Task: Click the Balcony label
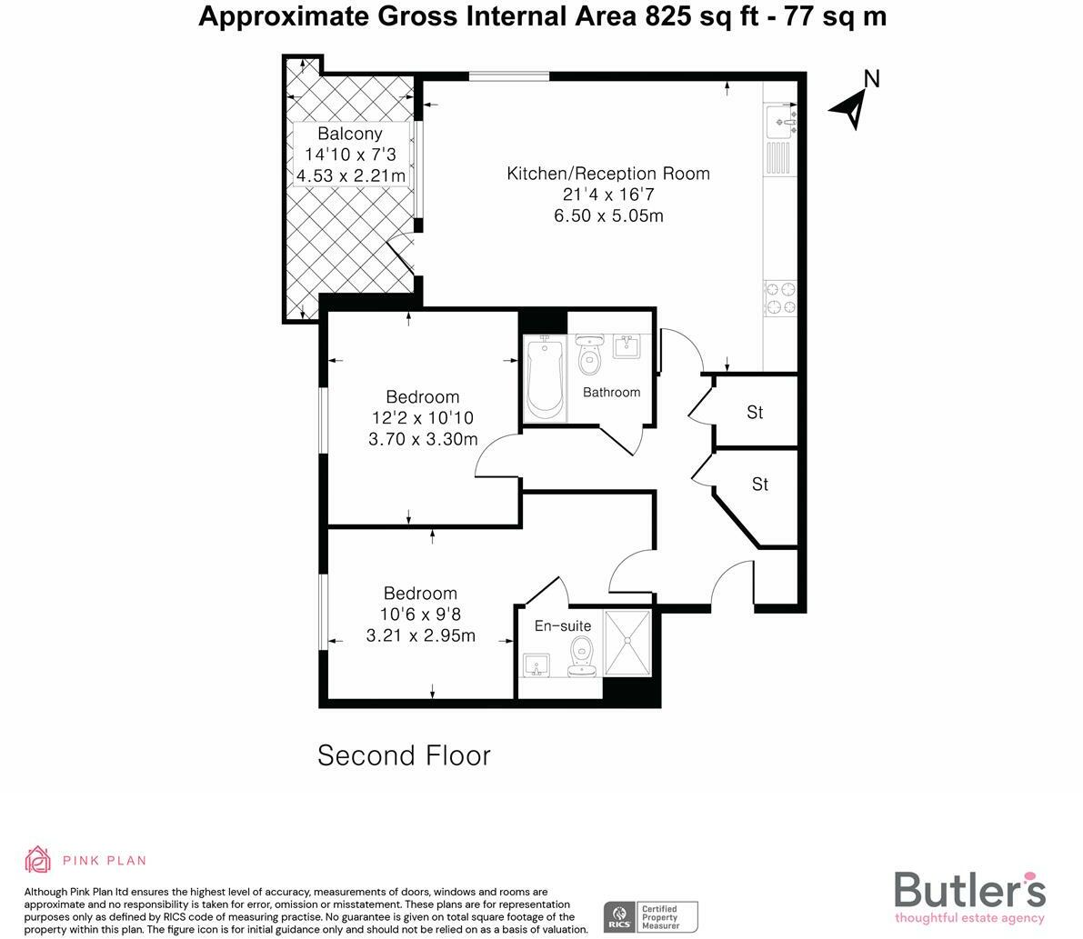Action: coord(349,134)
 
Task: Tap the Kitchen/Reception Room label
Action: coord(608,174)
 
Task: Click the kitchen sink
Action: coord(781,122)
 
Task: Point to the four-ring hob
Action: coord(780,298)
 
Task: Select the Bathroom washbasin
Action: coord(627,346)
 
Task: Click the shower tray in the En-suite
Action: coord(627,642)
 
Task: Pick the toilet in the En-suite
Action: coord(582,656)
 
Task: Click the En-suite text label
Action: coord(563,626)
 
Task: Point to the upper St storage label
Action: coord(755,412)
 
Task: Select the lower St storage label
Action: coord(760,484)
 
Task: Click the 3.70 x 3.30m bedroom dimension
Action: coord(423,439)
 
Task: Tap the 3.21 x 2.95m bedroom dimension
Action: coord(421,635)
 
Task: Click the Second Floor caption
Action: coord(404,755)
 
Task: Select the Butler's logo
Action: coord(969,895)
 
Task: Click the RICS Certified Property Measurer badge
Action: coord(651,917)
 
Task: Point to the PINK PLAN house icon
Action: coord(38,860)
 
